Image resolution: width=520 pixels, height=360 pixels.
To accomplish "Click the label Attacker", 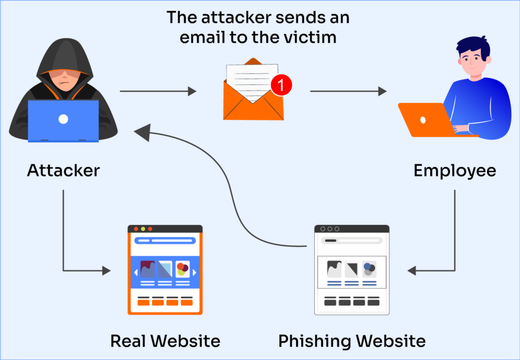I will click(63, 170).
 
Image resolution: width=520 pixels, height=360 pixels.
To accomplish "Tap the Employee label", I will click(454, 170).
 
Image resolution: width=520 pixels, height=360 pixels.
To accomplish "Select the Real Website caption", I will click(165, 341).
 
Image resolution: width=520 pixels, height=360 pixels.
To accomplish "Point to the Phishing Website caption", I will click(352, 341).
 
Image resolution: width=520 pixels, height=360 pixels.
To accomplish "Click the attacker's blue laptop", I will click(63, 120).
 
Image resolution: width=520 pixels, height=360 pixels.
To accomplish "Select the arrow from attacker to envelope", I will click(157, 91).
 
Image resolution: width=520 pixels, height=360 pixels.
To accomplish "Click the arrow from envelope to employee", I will click(348, 91).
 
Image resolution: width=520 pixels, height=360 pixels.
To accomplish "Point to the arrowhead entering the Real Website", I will click(106, 271).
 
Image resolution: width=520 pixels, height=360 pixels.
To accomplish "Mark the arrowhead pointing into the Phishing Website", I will click(412, 271).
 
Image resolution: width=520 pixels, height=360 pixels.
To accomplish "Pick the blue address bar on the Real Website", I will click(165, 241).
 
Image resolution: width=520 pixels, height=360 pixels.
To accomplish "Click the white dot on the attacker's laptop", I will click(63, 119).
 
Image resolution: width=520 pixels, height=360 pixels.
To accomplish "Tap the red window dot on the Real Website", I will click(136, 229).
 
